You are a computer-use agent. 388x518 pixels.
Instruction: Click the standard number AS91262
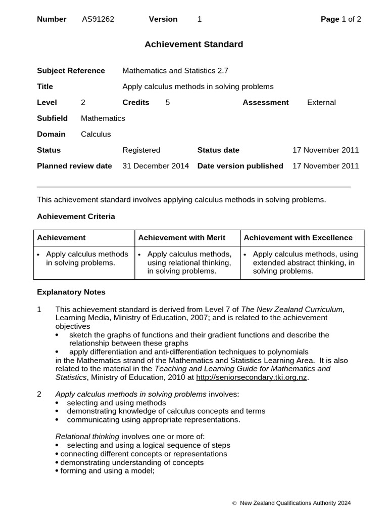[98, 19]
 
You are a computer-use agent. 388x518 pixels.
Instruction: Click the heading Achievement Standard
[194, 45]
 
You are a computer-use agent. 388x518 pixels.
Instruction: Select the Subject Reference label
[71, 71]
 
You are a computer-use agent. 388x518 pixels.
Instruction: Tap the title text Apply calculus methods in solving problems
[198, 87]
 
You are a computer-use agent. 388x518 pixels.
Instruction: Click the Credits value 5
[167, 102]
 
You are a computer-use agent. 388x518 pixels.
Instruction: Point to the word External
[321, 102]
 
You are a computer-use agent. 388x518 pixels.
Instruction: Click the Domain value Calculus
[96, 134]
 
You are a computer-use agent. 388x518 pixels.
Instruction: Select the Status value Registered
[141, 150]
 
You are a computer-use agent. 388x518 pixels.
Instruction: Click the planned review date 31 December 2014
[156, 166]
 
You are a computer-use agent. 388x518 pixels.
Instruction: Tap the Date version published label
[240, 166]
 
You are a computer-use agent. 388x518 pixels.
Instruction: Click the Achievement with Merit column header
[182, 238]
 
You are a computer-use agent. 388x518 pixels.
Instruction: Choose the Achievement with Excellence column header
[298, 238]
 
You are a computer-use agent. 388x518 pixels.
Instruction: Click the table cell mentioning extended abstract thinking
[303, 263]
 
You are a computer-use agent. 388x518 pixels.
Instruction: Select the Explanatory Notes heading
[71, 292]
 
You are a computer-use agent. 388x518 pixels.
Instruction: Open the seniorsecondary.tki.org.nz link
[251, 377]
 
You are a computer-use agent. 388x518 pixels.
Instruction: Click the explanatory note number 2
[39, 394]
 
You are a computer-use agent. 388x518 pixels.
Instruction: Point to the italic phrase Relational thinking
[87, 437]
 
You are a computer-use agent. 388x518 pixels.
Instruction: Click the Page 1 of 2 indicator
[341, 19]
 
